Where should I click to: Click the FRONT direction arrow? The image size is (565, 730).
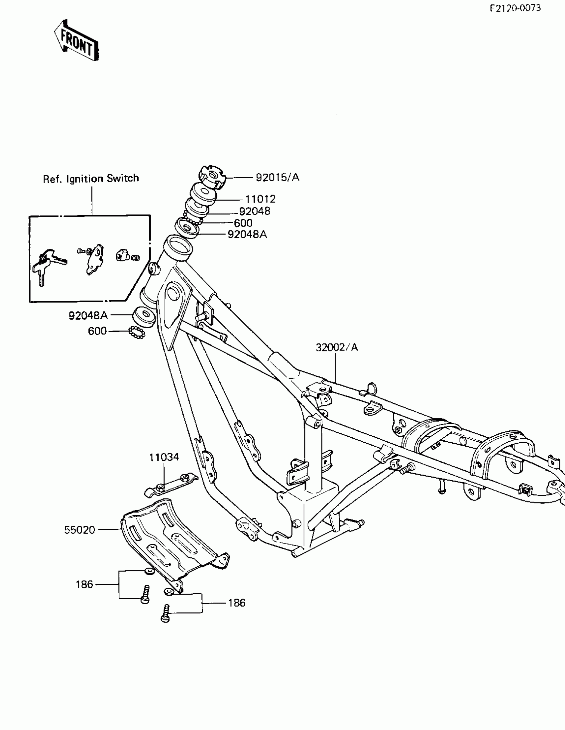coord(76,41)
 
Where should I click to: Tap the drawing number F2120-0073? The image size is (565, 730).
coord(515,8)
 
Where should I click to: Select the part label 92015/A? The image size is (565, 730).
coord(277,177)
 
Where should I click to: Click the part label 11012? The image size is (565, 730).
coord(260,199)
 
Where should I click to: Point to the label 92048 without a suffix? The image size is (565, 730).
coord(255,211)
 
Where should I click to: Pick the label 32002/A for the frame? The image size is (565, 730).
coord(337,348)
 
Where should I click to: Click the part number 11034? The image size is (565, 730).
coord(164,457)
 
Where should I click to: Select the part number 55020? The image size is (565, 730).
coord(79,530)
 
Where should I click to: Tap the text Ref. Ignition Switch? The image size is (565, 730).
coord(91,179)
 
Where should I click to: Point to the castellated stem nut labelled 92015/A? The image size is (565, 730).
coord(212,176)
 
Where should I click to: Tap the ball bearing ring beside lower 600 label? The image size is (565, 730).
coord(137,332)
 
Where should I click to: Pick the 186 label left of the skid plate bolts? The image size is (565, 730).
coord(84,585)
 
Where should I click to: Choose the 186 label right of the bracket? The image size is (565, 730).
coord(237,603)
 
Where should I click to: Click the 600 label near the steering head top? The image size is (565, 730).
coord(243,223)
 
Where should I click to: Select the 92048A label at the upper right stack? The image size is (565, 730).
coord(247,235)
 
